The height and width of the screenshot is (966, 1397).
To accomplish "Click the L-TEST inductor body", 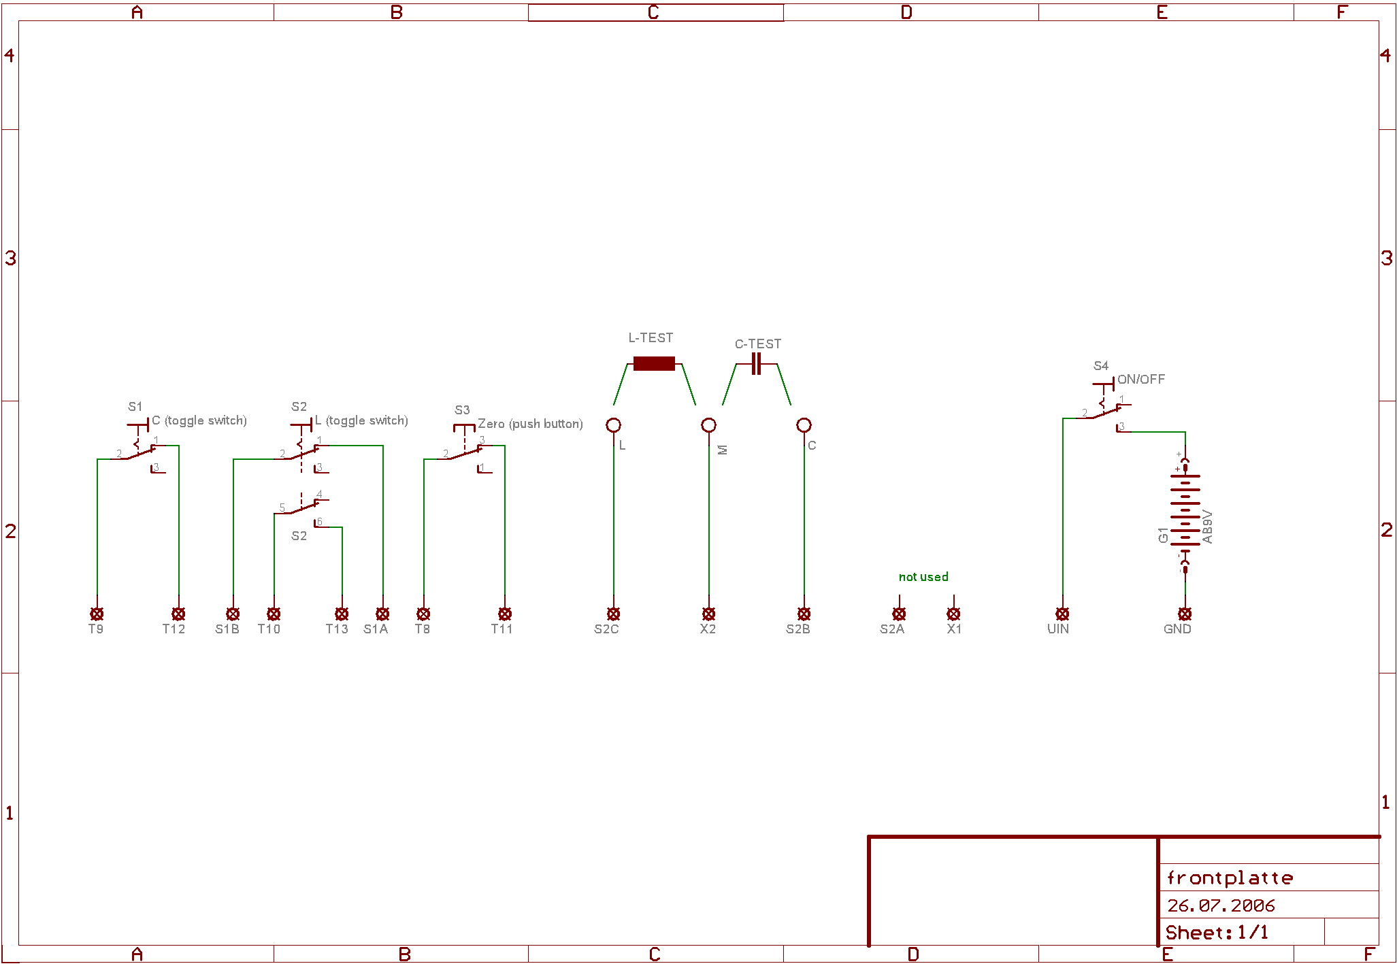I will (654, 364).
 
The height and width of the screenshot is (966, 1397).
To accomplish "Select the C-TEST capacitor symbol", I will (756, 364).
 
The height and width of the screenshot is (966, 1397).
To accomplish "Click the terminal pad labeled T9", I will (97, 614).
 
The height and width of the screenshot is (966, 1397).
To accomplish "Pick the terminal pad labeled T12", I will (178, 614).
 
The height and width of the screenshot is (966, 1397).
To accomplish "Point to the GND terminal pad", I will (1185, 614).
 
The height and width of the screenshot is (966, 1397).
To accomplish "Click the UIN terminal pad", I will (1062, 614).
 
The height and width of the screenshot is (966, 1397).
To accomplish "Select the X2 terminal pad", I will (708, 614).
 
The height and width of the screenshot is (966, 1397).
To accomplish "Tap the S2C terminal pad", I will (613, 614).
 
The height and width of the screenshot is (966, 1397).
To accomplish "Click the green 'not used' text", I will (923, 577).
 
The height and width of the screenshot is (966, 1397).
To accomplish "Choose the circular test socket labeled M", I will (708, 425).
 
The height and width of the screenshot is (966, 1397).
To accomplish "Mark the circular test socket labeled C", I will (804, 425).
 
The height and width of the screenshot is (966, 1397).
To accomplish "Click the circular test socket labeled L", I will (613, 425).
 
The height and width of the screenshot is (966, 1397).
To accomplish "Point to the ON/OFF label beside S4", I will (1141, 380).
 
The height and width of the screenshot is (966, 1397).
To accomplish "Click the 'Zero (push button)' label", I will (530, 424).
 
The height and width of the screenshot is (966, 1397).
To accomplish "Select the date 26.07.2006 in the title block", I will (1221, 905).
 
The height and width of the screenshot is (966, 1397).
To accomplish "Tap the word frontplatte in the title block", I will (1230, 878).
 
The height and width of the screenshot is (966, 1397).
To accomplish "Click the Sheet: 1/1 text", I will (1217, 933).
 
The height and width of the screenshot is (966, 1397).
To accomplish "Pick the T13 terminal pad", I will (342, 614).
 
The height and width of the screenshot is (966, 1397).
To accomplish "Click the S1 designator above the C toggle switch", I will (135, 407).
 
